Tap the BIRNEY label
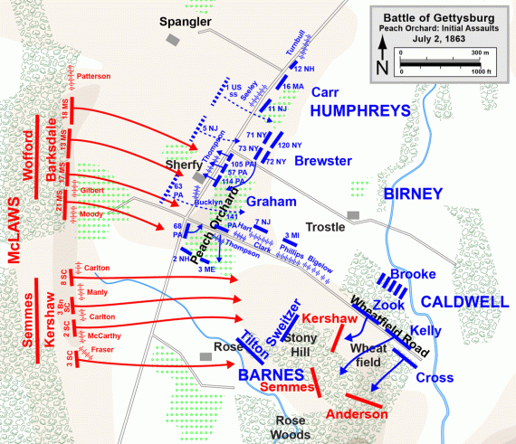(x=414, y=194)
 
